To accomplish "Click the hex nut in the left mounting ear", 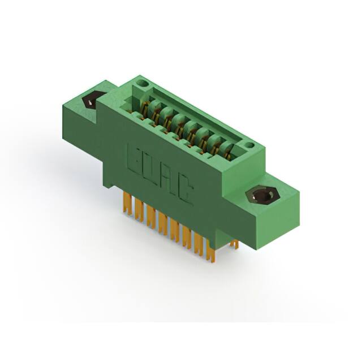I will (x=90, y=101).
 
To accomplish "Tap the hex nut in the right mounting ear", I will (x=262, y=196).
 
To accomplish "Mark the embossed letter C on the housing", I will (x=185, y=192).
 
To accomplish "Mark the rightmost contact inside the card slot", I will (x=226, y=148).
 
